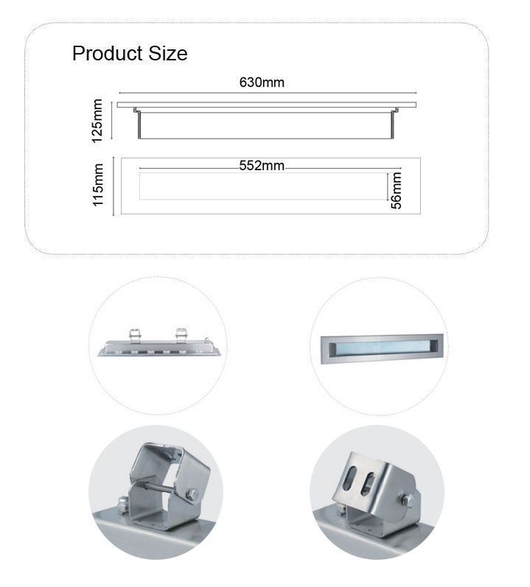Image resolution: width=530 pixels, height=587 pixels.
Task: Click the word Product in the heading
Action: pyautogui.click(x=108, y=54)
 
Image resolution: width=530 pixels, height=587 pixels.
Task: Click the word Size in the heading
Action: pyautogui.click(x=168, y=54)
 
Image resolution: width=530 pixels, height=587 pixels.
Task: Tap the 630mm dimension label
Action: pyautogui.click(x=262, y=82)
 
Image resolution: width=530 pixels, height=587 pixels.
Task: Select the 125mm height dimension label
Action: pyautogui.click(x=97, y=121)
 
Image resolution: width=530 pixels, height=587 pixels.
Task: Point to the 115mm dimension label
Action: pyautogui.click(x=98, y=185)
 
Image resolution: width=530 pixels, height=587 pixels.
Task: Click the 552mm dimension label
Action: pyautogui.click(x=262, y=166)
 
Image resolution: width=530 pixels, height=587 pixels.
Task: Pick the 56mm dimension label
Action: pyautogui.click(x=396, y=190)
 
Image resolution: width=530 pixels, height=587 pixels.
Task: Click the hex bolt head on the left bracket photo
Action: pyautogui.click(x=192, y=494)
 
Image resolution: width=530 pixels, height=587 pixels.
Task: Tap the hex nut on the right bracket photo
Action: pyautogui.click(x=408, y=500)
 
